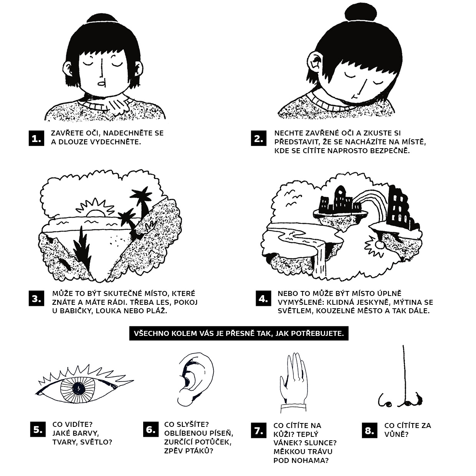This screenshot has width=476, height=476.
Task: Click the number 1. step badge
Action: click(36, 138)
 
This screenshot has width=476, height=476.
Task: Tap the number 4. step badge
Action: click(263, 298)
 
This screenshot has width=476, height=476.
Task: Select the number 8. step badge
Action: click(369, 431)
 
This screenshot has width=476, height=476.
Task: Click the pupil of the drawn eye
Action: click(78, 388)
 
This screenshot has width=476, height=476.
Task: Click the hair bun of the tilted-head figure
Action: click(361, 13)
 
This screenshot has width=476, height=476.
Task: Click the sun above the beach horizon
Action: click(95, 208)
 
